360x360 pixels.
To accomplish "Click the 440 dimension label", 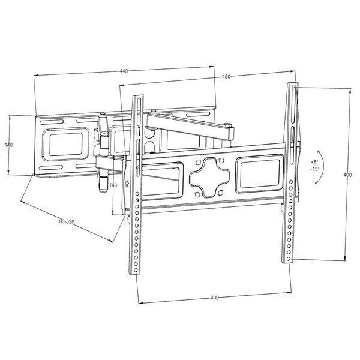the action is click(x=124, y=71).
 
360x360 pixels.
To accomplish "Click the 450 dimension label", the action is click(x=226, y=77).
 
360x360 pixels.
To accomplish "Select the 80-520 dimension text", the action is click(x=67, y=221).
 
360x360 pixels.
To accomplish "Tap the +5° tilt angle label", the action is click(x=314, y=162).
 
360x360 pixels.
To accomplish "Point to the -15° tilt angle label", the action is click(x=314, y=169).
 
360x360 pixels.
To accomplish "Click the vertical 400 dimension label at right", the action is click(x=347, y=175).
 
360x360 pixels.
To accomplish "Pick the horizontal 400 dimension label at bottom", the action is click(x=214, y=298).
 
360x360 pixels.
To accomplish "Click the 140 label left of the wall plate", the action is click(x=9, y=145).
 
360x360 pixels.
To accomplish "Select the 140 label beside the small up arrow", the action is click(x=113, y=185).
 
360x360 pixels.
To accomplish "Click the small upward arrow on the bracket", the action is click(x=127, y=184).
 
